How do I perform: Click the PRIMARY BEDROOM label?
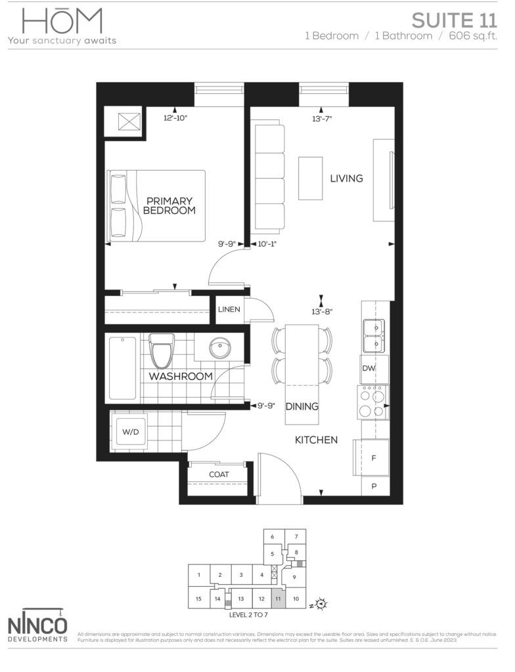click(169, 205)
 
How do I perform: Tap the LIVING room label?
click(346, 178)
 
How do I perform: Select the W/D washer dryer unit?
click(128, 432)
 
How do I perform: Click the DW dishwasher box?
click(369, 369)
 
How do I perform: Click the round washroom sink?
click(217, 348)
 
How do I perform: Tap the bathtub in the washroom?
click(122, 368)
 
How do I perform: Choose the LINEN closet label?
click(229, 310)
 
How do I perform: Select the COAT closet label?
click(219, 474)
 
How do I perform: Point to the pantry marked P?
click(374, 486)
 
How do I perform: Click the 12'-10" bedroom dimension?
click(176, 118)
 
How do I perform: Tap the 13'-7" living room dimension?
click(323, 119)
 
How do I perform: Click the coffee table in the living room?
click(310, 178)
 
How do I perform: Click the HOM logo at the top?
click(62, 22)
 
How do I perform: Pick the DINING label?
click(302, 407)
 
